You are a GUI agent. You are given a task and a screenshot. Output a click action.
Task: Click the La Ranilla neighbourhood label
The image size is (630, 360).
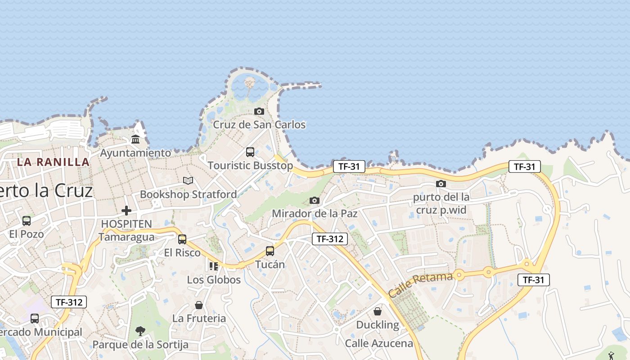(53, 162)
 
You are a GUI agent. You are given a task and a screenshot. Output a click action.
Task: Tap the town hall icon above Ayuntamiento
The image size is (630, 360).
(135, 139)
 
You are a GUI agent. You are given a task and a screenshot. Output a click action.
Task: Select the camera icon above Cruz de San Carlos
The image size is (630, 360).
(259, 111)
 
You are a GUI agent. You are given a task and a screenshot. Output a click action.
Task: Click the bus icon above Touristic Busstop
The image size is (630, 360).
(250, 152)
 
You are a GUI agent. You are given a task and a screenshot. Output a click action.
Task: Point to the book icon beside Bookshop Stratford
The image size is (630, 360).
(188, 180)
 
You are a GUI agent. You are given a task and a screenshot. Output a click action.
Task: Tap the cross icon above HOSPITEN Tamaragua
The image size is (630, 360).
(126, 210)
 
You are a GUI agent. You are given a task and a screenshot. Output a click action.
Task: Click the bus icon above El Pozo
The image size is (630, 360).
(27, 220)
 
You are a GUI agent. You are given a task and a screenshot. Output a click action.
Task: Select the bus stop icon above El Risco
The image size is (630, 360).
(182, 239)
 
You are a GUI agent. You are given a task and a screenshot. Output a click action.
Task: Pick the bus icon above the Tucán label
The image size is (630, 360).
(270, 251)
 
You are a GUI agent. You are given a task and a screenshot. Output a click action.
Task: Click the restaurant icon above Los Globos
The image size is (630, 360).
(214, 266)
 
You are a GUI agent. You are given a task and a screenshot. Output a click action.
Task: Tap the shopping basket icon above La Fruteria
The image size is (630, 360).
(199, 305)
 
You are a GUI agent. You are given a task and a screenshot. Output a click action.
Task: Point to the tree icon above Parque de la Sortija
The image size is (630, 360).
(140, 331)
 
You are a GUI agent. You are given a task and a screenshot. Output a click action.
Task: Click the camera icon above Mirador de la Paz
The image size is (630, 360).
(315, 200)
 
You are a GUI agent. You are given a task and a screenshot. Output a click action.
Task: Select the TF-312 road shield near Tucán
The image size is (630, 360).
(330, 239)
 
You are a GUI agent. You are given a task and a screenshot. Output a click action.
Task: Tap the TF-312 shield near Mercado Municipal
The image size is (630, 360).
(68, 302)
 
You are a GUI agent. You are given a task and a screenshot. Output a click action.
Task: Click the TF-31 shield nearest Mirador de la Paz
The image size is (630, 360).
(349, 166)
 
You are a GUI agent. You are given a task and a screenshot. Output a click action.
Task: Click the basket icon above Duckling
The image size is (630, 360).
(378, 311)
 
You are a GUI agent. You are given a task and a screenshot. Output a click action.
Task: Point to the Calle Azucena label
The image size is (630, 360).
(379, 343)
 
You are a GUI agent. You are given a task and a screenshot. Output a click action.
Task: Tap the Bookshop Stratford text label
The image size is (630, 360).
(188, 194)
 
